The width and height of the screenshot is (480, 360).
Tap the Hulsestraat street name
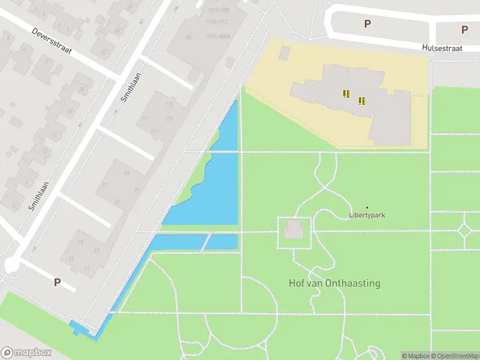click(x=443, y=47)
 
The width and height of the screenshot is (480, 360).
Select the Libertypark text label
click(x=367, y=215)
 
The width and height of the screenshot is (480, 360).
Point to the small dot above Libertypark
click(x=367, y=208)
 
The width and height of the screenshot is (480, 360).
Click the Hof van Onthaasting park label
click(x=334, y=283)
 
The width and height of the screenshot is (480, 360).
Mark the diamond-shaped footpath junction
click(x=465, y=230)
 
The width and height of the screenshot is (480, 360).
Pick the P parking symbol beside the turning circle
click(x=58, y=282)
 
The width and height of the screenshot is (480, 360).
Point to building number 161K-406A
click(x=218, y=35)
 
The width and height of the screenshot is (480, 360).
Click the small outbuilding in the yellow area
click(x=284, y=53)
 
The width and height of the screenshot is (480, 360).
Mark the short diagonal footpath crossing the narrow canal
click(x=206, y=242)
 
